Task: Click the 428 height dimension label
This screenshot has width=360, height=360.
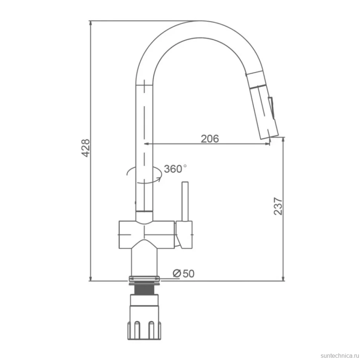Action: click(86, 148)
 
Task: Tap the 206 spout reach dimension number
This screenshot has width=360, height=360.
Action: click(210, 139)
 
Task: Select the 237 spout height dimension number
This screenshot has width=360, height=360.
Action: click(278, 206)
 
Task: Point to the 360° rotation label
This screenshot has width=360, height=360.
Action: click(175, 169)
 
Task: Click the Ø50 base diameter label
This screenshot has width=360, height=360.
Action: click(183, 274)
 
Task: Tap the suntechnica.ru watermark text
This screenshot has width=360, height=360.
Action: click(340, 356)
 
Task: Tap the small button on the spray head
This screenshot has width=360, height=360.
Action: click(271, 108)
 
